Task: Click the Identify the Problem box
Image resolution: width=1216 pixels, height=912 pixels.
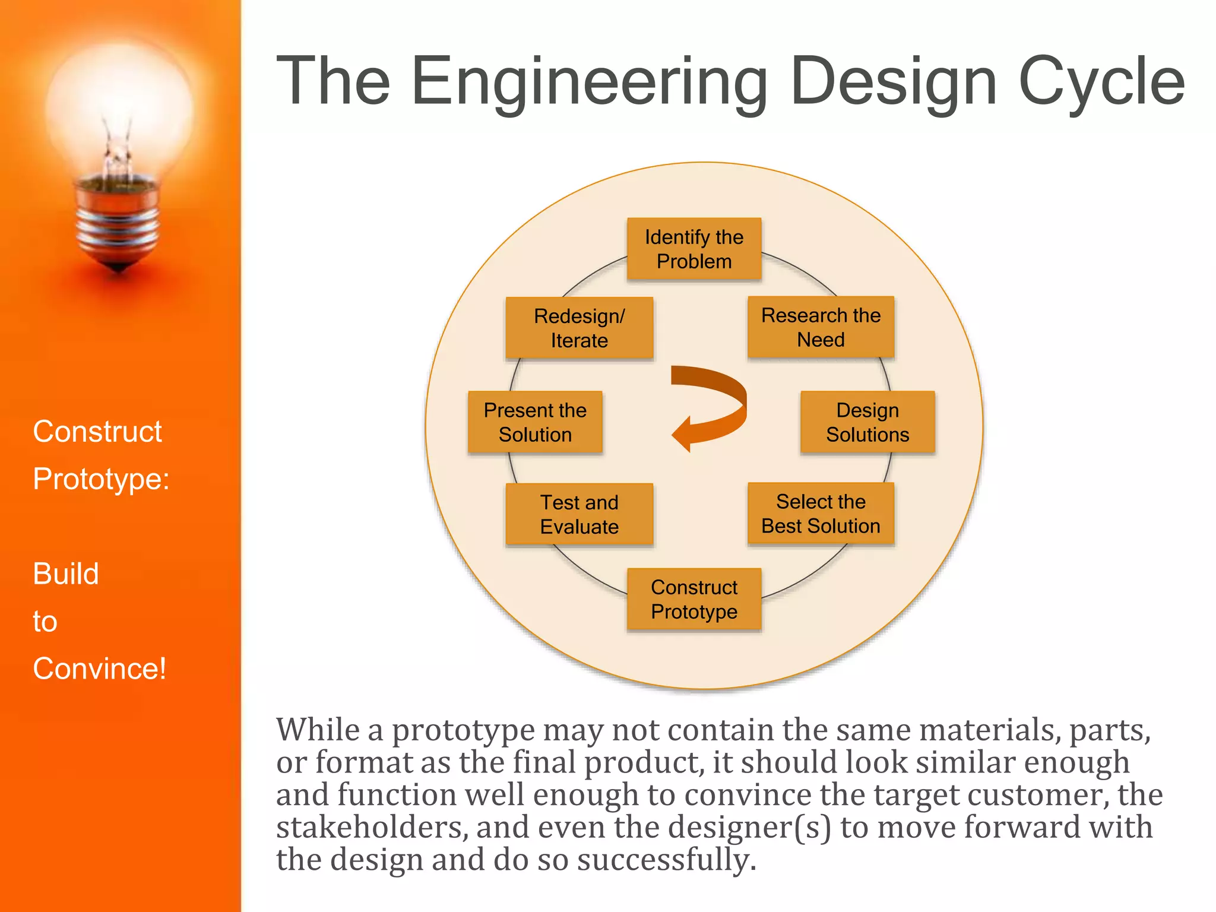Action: point(693,249)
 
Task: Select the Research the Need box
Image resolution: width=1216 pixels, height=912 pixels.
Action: point(821,327)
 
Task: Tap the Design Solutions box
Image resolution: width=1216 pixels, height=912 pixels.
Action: point(867,422)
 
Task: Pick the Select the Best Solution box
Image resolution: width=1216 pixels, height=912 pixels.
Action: point(821,514)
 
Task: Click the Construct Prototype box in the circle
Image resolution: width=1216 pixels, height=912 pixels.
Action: point(693,599)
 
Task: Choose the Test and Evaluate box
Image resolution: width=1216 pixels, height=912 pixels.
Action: point(579,514)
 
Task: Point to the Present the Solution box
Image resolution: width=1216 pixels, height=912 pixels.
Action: point(535,422)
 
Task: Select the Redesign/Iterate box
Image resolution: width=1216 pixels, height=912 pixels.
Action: point(579,328)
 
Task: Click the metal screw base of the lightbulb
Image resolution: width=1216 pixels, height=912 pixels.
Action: point(118,223)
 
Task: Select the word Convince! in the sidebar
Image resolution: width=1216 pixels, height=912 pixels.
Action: point(99,669)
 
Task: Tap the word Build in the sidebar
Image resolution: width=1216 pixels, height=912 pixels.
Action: point(66,574)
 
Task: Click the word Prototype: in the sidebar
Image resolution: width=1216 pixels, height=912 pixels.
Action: point(101,479)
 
